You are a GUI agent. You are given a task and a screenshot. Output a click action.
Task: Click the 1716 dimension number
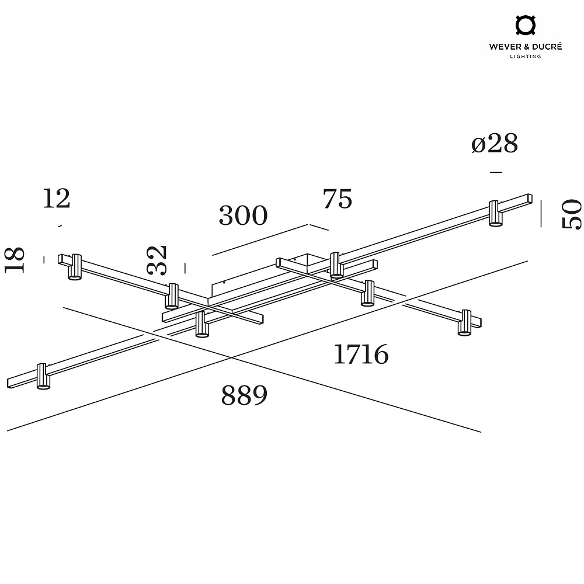coord(361,354)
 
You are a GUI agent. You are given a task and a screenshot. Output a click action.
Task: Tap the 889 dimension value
coord(244,395)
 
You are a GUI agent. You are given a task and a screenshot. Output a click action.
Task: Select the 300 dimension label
coord(243,215)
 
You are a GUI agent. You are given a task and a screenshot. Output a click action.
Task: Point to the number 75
coord(338,199)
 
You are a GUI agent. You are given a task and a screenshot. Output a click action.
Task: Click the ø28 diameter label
coord(495,143)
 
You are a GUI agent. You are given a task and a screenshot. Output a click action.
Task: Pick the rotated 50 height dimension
coord(572,214)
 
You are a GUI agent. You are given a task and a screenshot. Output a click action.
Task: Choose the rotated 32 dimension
coord(157,260)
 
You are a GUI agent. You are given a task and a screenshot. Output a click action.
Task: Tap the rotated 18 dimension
coord(15,260)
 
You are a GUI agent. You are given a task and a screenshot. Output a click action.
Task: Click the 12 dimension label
coord(56,199)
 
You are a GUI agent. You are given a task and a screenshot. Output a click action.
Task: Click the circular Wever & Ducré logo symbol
coord(525,25)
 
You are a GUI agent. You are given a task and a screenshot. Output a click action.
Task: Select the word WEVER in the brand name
coord(504,47)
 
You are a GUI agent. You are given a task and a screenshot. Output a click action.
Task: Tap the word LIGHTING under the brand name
coord(525,57)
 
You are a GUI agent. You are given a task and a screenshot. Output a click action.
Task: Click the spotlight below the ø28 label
coord(495,213)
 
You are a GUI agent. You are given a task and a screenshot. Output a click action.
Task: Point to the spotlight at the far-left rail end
coord(43,377)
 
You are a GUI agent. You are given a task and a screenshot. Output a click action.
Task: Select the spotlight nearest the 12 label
coord(75,267)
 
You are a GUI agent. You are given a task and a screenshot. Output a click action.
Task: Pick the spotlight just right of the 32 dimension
coord(171,296)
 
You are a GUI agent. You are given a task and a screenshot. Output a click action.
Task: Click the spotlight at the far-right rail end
coord(464,322)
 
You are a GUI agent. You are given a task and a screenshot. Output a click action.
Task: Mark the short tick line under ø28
coord(496,172)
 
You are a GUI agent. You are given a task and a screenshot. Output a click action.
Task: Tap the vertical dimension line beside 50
coord(541,213)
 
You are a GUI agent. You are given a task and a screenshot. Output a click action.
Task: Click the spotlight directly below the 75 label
coord(336,265)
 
